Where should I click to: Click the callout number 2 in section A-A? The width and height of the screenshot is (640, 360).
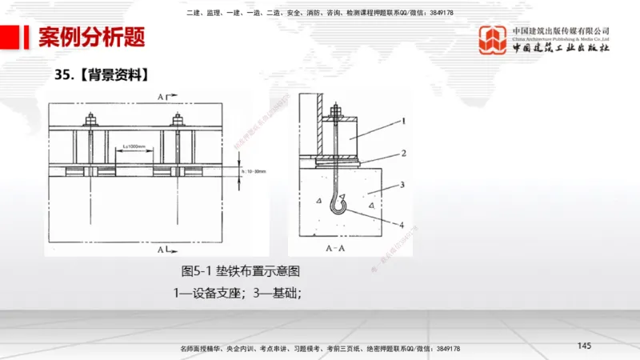coord(405,152)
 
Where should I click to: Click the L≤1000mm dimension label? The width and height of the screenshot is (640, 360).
coord(138,146)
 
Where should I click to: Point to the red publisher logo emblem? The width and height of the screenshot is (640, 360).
coord(493,39)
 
